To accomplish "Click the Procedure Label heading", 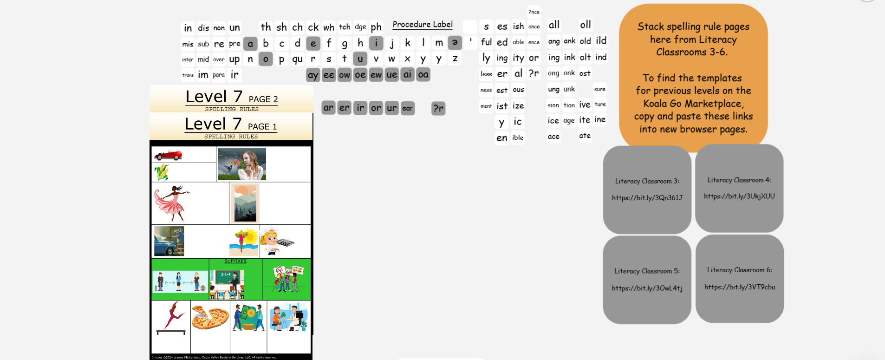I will pos(423,25).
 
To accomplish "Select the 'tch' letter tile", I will pos(345,27).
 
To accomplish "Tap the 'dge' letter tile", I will pos(360,27).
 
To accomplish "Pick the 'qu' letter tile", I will pos(297,59).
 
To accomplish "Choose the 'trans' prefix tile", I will pos(188,75).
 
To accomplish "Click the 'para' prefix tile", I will pos(219,75).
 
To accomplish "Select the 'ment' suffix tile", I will pos(486,106).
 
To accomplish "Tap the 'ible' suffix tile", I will pos(518,137).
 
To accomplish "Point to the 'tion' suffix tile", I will pos(569,105).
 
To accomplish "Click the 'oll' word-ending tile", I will pos(586,25).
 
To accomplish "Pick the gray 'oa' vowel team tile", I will pos(423,74).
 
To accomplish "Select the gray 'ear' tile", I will pos(408,108).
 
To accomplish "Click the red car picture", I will pos(168,155).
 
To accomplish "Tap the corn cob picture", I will pos(162,172).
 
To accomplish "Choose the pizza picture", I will pos(210,318).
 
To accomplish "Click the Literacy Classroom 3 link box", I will pos(647,190).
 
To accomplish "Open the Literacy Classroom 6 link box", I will pos(739,279).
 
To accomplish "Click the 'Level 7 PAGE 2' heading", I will pos(232,98).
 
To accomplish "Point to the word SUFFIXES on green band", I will pos(235,261).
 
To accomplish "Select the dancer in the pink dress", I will pos(172,203).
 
